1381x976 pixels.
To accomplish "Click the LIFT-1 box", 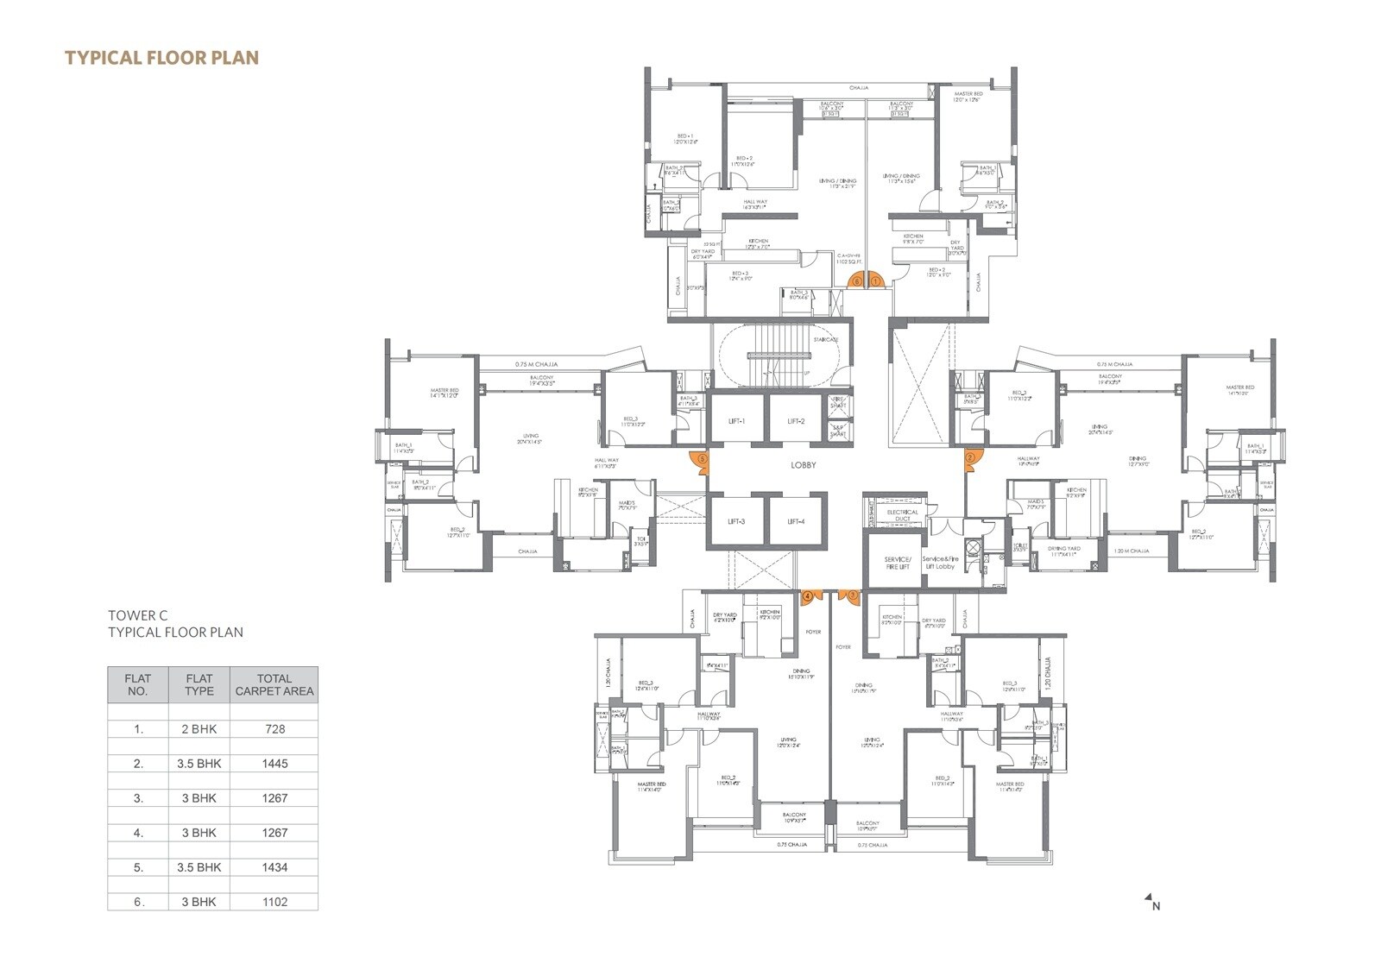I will [x=736, y=420].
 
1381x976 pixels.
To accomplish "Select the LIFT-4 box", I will [x=796, y=521].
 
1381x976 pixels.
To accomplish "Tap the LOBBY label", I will [x=803, y=465].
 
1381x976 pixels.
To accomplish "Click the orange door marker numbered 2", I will [x=971, y=458].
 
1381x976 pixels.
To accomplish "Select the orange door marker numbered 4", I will [x=810, y=596].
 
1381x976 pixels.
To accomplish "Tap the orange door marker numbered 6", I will [x=856, y=280].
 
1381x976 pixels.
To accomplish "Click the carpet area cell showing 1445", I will [x=274, y=764].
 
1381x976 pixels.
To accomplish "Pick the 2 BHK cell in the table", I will [x=199, y=729].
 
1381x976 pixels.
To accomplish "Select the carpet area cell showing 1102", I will [x=274, y=902].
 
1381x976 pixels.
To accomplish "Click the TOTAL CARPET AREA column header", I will [x=274, y=684].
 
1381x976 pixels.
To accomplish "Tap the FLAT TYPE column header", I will [x=199, y=684].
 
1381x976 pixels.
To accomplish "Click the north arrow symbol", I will [x=1151, y=902].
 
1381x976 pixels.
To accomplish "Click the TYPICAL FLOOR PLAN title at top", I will [x=161, y=58].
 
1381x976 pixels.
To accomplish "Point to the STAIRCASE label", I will [x=825, y=339].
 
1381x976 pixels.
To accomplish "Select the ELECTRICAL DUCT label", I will [x=903, y=515].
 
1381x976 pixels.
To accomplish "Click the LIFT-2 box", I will [x=796, y=420].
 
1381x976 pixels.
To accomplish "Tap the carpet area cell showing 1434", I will [x=274, y=867].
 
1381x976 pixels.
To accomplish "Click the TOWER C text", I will [x=137, y=615].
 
